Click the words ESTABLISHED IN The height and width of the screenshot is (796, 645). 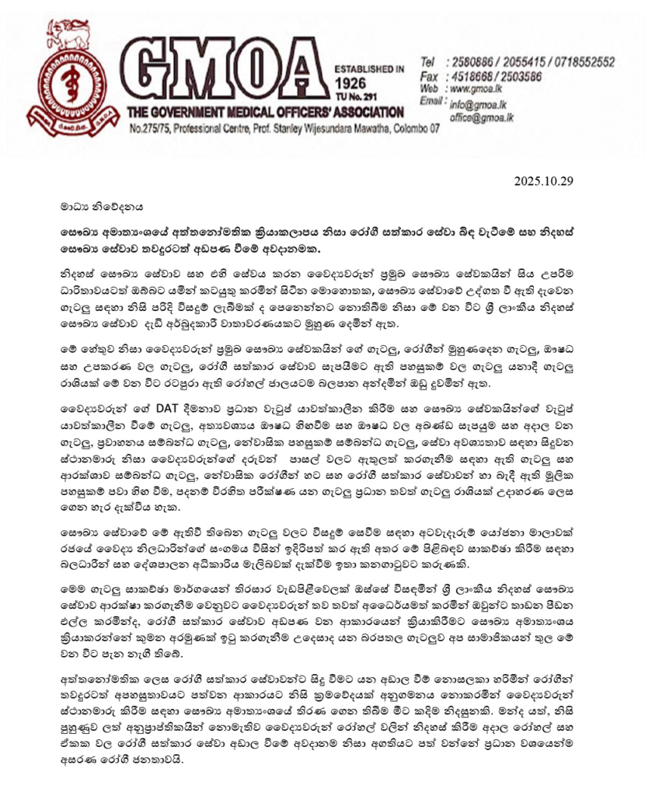tap(369, 69)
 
